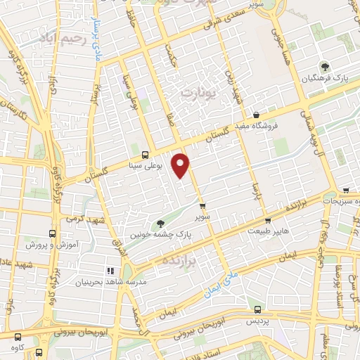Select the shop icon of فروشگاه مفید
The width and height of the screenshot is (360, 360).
pos(256,114)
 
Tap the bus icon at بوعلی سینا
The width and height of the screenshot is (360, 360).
pos(146,155)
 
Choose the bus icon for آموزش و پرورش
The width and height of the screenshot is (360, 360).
pos(51,234)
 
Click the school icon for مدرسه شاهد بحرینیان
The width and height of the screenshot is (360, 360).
pos(109,271)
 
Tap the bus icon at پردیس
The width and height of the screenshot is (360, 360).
pos(257,309)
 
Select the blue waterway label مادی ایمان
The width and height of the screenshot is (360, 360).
pos(223,281)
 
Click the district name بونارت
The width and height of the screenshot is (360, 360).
pos(201,92)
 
